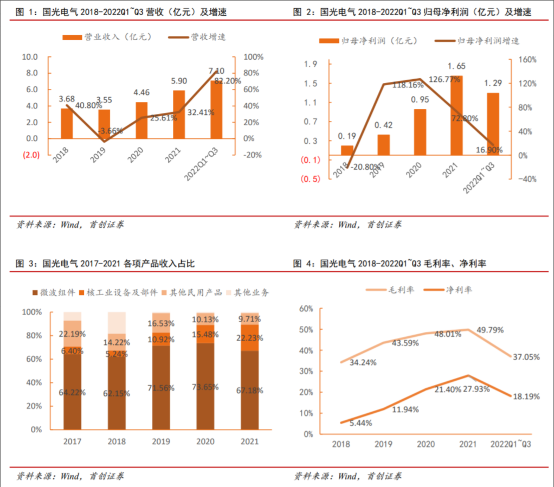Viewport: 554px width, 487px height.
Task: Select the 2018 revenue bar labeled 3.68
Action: tap(67, 123)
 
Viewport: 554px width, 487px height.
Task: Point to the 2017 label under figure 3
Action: tap(72, 441)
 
